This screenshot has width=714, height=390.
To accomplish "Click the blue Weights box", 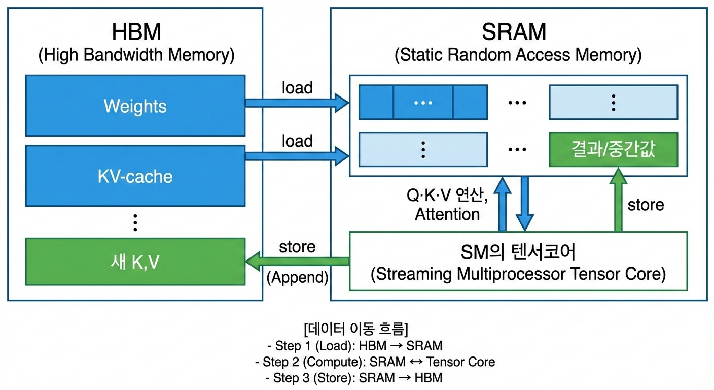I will (x=135, y=106).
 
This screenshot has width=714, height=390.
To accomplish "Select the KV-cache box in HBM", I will (x=135, y=176).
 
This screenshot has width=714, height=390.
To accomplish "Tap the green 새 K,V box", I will (x=135, y=262).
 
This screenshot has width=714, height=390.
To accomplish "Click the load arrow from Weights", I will (x=297, y=104).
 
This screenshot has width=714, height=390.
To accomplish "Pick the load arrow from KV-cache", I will (x=297, y=156).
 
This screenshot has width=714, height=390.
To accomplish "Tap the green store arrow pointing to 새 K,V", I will (x=297, y=261).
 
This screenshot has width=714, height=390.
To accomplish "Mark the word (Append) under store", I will (x=298, y=277).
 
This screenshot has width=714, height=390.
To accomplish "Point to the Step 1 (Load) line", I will (x=354, y=346).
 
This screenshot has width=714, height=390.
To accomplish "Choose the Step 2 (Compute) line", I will (x=375, y=362).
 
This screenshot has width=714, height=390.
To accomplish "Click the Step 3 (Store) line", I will (x=353, y=378).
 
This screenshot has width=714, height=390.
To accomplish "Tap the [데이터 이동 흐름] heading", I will (x=354, y=329).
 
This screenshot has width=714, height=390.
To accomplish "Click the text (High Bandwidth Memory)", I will (x=136, y=54).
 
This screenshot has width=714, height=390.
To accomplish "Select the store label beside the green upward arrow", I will (x=646, y=205).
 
